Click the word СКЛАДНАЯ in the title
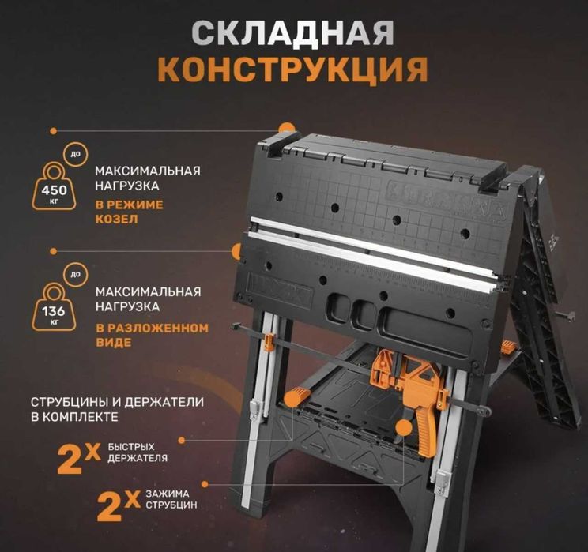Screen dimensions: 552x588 (293, 34)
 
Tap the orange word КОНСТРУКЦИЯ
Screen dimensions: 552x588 (293, 70)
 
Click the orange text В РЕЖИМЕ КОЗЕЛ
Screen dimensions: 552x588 (130, 212)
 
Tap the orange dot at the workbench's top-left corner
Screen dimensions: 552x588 (287, 127)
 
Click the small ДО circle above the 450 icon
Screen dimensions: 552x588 (74, 154)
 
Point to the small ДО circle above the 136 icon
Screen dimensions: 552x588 (74, 275)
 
